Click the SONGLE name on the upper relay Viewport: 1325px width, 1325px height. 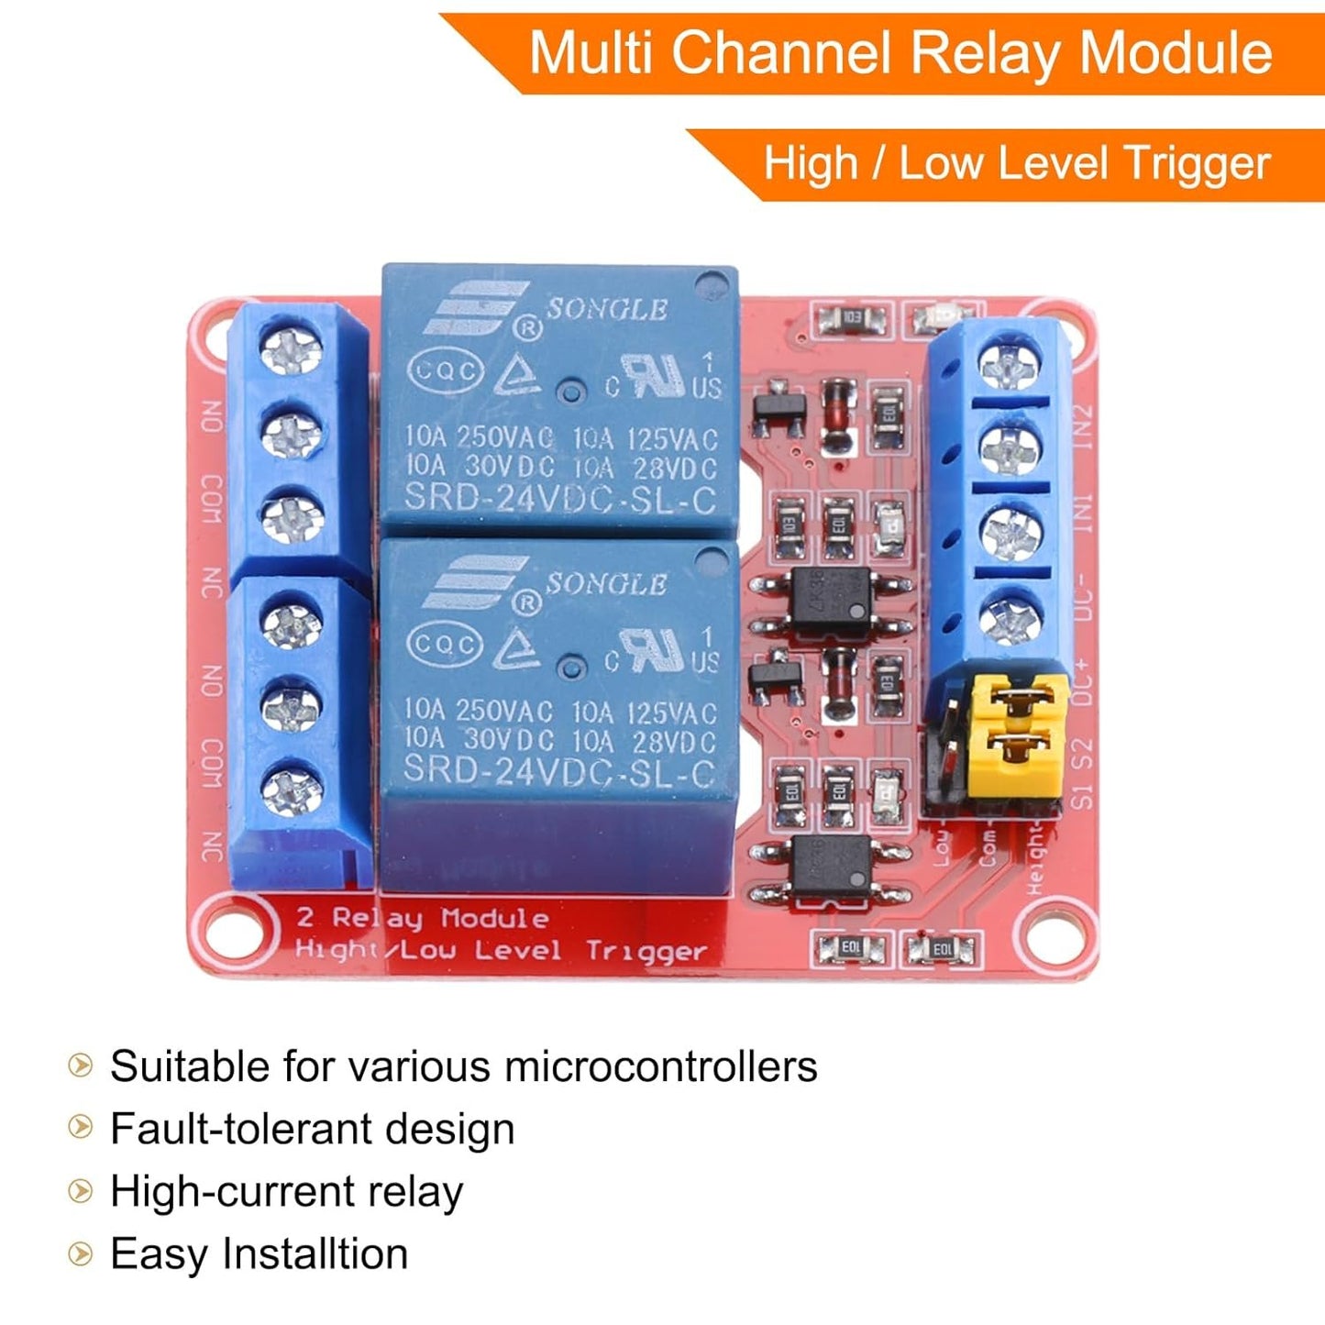[607, 310]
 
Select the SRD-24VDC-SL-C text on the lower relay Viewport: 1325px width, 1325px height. [558, 771]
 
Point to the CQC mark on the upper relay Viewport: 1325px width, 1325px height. [445, 371]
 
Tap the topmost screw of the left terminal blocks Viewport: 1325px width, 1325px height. [292, 351]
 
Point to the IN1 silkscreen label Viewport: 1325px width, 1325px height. [1083, 513]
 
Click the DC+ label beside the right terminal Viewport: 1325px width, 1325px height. [1083, 682]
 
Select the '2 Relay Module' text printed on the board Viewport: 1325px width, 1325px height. [423, 918]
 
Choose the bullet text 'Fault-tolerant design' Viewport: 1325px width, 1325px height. [312, 1129]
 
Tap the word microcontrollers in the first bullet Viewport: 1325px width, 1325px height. [660, 1066]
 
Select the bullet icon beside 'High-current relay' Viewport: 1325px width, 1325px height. [81, 1191]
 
